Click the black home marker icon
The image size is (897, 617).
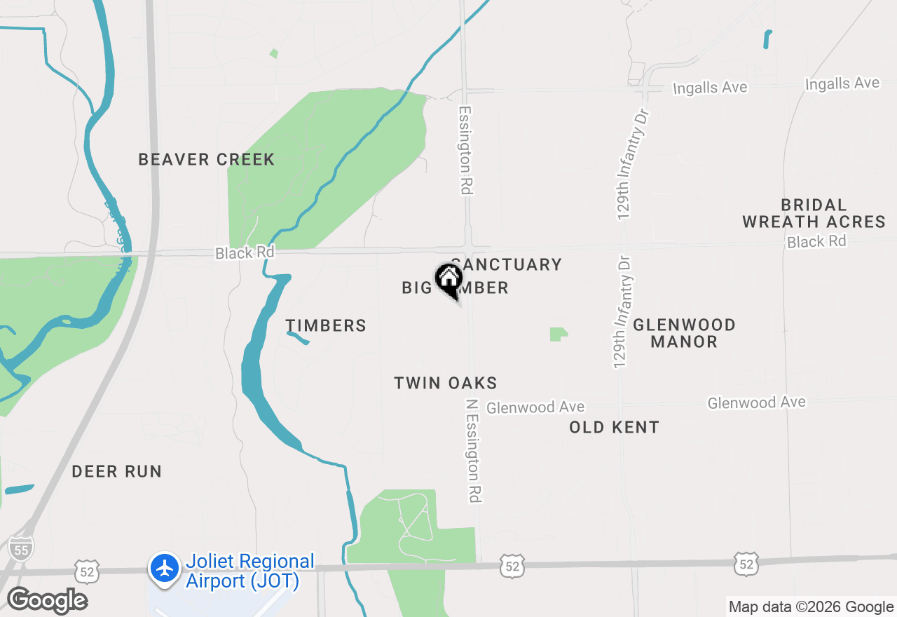point(448,278)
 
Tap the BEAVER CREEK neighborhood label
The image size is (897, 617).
point(206,160)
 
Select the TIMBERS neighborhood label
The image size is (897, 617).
point(326,325)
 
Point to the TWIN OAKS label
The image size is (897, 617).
point(446,384)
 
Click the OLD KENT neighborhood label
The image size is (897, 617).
point(614,428)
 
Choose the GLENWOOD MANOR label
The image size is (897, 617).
point(684,334)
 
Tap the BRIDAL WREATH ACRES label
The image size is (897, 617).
point(814,214)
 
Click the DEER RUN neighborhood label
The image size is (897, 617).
point(116,472)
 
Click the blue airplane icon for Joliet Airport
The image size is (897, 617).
point(165,568)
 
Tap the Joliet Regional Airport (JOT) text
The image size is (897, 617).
point(249,571)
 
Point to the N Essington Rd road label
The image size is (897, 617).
point(474,451)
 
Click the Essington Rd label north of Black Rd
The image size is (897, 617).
point(466,150)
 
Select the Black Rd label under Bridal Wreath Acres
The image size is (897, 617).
point(816,242)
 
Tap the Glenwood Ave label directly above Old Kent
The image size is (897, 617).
point(535,407)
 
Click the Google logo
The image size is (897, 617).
point(48,601)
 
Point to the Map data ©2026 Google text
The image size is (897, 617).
point(811,607)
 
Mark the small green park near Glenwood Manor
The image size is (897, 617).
point(558,334)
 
